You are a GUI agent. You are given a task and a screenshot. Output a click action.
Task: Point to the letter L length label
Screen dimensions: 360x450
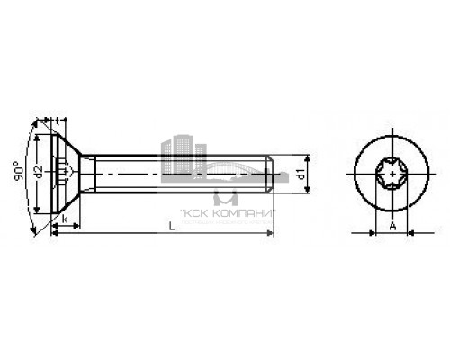(x=169, y=226)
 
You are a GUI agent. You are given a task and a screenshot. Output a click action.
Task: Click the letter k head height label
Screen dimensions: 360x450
(x=66, y=217)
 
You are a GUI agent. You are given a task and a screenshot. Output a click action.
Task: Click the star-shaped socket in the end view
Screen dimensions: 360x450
(x=391, y=171)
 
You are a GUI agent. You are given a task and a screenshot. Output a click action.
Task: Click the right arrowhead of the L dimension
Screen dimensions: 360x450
(x=271, y=234)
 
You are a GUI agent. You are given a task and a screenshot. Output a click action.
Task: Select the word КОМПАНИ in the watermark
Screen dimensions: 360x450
(x=244, y=213)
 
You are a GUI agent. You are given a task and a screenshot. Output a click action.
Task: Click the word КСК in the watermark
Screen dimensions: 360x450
(x=196, y=213)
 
